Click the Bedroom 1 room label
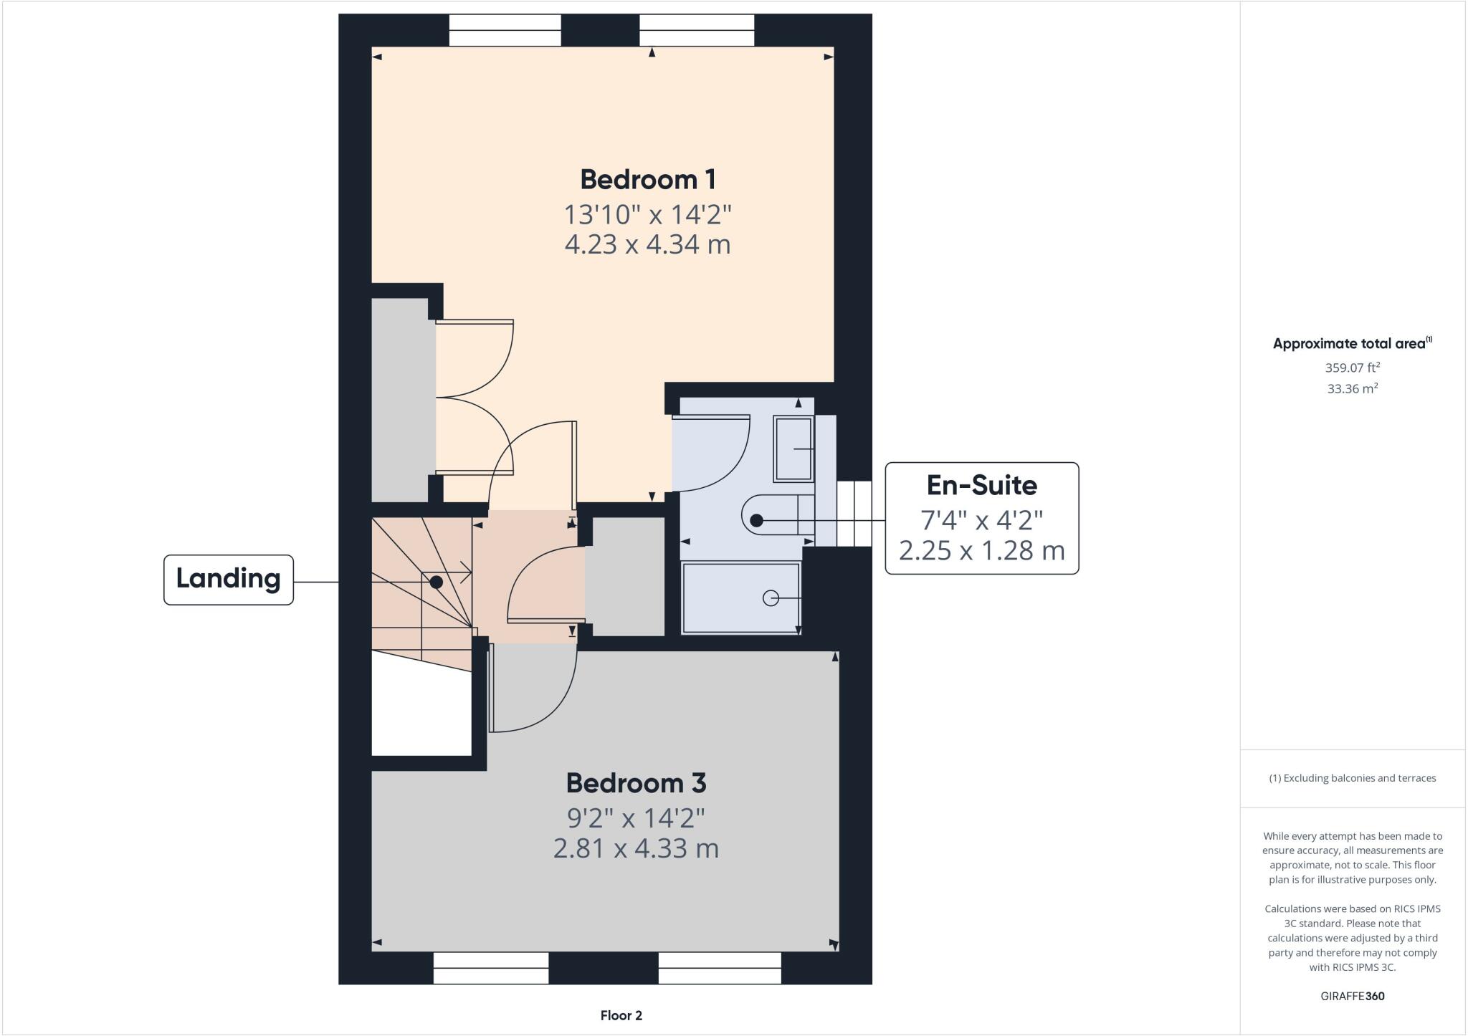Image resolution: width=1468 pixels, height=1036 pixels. [x=648, y=179]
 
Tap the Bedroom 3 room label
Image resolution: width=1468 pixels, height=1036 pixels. [x=636, y=783]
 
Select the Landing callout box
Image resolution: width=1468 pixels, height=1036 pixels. [x=228, y=579]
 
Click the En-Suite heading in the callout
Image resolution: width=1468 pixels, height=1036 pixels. [x=981, y=486]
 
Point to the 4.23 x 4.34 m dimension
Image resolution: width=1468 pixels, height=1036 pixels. [x=648, y=244]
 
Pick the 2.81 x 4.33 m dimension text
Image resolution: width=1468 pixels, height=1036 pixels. [x=636, y=849]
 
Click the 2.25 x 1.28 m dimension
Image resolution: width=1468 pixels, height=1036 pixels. [x=981, y=551]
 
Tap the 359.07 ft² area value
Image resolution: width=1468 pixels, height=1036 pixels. [x=1352, y=368]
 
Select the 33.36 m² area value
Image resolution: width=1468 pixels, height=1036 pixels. [x=1352, y=389]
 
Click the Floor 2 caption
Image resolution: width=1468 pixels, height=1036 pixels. [x=621, y=1015]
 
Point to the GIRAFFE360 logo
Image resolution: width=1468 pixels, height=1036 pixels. [x=1352, y=996]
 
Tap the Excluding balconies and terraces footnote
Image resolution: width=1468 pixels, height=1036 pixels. [x=1352, y=778]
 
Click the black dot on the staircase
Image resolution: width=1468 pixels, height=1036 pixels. [x=436, y=582]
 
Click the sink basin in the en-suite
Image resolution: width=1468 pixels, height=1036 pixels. [x=793, y=449]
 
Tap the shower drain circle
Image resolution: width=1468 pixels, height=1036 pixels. [x=771, y=598]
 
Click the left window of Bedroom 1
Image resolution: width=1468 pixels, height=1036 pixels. [x=505, y=30]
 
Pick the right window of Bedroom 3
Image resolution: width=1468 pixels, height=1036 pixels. [x=720, y=968]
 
